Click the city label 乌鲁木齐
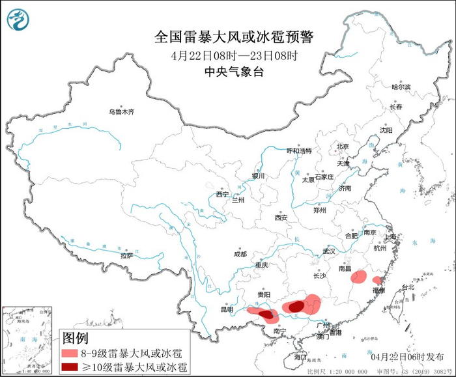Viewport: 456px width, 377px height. (121, 112)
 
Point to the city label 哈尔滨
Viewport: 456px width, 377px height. (401, 87)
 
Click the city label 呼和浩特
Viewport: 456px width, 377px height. (300, 150)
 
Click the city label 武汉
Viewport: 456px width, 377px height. (328, 251)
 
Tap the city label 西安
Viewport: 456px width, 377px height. (281, 217)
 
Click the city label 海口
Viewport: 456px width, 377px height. (300, 357)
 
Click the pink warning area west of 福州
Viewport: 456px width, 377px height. (358, 277)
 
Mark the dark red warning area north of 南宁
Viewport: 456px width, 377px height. (265, 316)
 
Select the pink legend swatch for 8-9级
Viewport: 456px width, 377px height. (70, 353)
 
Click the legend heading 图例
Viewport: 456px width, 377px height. (75, 338)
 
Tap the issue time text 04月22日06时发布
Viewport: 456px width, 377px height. (404, 357)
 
